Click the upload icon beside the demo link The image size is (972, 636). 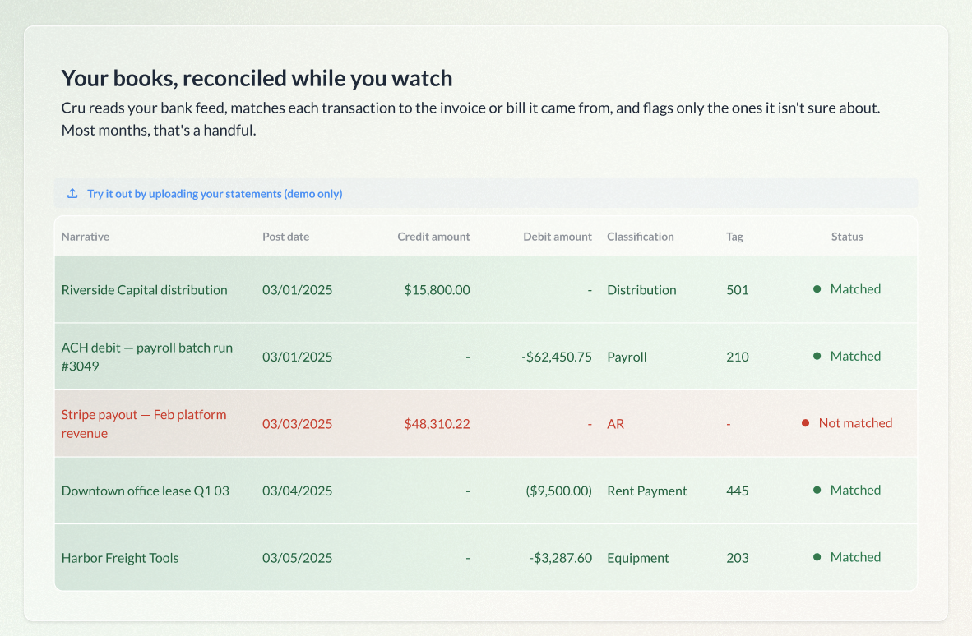coord(72,193)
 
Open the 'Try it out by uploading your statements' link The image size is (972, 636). coord(215,194)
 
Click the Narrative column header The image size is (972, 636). coord(85,237)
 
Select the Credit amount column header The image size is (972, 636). coord(433,237)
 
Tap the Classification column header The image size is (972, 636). coord(641,237)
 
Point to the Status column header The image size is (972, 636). coord(847,237)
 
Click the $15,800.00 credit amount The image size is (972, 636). coord(437,290)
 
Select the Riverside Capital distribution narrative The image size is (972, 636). coord(145,290)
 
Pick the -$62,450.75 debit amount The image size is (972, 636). coord(557,357)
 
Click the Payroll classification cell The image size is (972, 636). coord(627,357)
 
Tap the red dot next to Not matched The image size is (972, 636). coord(805,423)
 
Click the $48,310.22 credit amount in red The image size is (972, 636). coord(437,423)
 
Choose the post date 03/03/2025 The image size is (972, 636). coord(297,423)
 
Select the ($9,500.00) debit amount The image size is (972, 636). coord(558,491)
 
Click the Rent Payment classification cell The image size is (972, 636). coord(646,491)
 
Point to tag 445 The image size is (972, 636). coord(738,491)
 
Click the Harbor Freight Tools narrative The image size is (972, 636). coord(119,558)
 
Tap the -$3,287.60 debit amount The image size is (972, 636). coord(560,558)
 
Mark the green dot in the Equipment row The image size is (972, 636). coord(817,557)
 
